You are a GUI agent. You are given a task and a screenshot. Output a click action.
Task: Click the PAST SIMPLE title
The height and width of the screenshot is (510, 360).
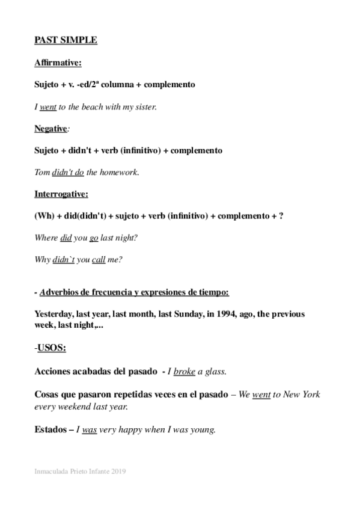pyautogui.click(x=66, y=40)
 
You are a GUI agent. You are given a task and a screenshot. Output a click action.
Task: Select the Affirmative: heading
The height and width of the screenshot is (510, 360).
pyautogui.click(x=58, y=62)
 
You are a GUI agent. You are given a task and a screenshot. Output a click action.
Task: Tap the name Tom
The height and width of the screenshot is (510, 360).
pyautogui.click(x=42, y=173)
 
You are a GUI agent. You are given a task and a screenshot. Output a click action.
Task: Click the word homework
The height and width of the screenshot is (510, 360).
pyautogui.click(x=118, y=173)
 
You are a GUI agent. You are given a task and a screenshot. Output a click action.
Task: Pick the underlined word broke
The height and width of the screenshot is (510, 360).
pyautogui.click(x=185, y=372)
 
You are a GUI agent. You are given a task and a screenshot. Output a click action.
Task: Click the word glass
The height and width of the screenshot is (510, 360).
pyautogui.click(x=216, y=372)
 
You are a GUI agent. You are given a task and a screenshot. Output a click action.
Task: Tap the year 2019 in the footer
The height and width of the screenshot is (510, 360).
pyautogui.click(x=117, y=472)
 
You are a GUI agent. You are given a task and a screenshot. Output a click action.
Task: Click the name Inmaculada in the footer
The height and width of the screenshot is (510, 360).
pyautogui.click(x=52, y=472)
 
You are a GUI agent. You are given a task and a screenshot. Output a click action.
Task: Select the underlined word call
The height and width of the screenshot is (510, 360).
pyautogui.click(x=99, y=260)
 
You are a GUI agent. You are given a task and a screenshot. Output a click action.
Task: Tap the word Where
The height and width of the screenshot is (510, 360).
pyautogui.click(x=46, y=238)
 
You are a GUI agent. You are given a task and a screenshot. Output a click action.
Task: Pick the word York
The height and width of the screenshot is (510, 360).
pyautogui.click(x=310, y=395)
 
